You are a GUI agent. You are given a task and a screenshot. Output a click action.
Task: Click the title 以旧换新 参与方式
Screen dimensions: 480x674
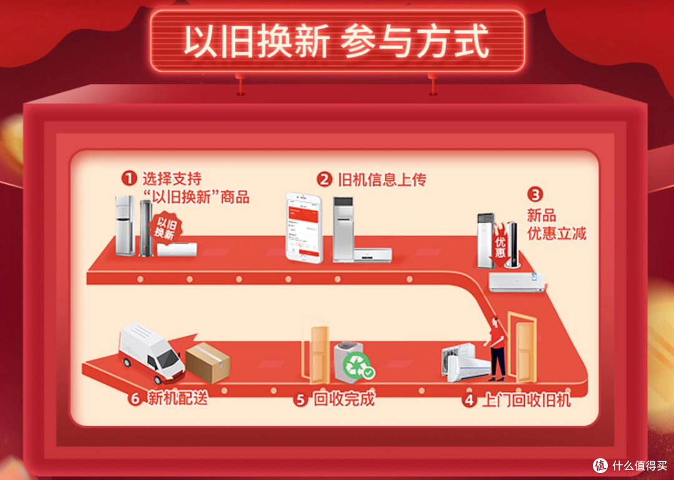point(336,41)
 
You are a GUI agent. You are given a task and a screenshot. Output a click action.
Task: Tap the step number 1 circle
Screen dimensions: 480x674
point(129,179)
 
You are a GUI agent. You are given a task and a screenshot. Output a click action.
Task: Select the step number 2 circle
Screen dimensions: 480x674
point(324,180)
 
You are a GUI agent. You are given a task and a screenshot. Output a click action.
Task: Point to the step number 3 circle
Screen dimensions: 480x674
point(536,194)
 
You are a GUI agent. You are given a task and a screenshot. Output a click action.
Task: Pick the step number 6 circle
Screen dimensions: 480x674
point(135,399)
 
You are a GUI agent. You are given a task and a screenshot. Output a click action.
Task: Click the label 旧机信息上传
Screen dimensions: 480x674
point(381,180)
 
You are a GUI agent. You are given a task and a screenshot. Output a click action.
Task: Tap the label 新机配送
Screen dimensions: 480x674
point(178,399)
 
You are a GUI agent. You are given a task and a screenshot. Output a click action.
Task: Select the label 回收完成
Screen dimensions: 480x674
point(344,400)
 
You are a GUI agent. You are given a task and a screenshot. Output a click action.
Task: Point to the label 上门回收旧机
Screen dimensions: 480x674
point(525,400)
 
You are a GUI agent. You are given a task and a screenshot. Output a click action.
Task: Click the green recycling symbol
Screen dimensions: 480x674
point(358,365)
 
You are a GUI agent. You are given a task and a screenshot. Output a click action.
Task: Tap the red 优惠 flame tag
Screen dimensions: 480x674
point(500,245)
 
